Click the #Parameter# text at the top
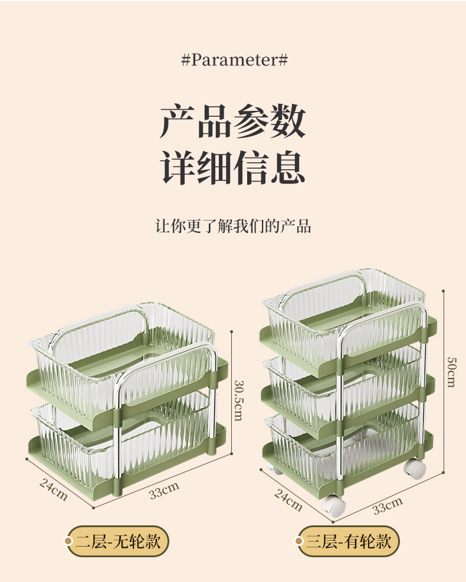click(234, 60)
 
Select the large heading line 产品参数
click(233, 121)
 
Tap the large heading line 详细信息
click(233, 167)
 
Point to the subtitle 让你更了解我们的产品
click(233, 226)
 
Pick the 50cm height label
click(451, 371)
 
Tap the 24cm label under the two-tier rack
click(54, 489)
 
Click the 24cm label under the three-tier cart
click(288, 500)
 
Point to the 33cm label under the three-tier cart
click(388, 505)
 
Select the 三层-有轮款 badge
click(349, 541)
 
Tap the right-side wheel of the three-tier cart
click(415, 469)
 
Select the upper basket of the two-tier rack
click(118, 366)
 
